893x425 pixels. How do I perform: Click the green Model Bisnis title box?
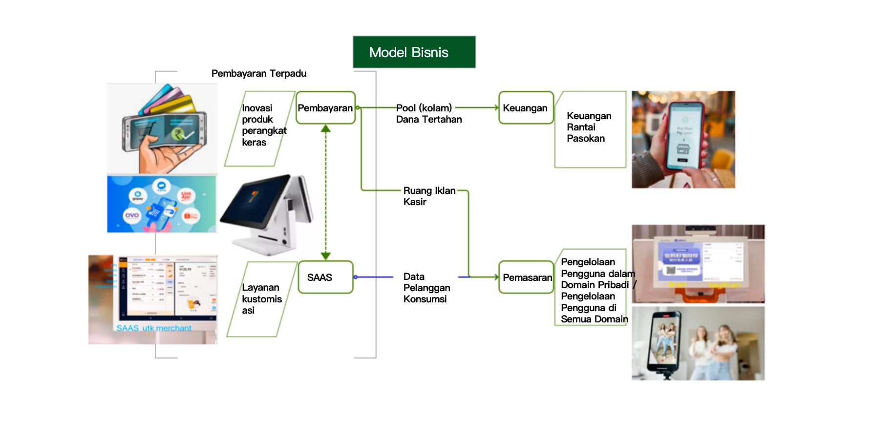click(x=414, y=52)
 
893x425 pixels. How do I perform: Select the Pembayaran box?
click(x=325, y=108)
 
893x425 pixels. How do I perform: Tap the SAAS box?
click(x=325, y=277)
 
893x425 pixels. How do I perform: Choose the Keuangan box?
click(x=526, y=108)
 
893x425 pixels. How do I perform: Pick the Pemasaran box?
click(x=526, y=277)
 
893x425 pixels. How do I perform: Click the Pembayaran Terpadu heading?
click(x=259, y=73)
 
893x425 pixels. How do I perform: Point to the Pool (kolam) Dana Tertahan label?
click(x=428, y=113)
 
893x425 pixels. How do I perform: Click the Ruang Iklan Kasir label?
click(x=428, y=196)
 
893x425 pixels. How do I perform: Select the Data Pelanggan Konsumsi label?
click(x=426, y=288)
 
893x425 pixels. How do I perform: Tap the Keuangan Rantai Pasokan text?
click(x=589, y=127)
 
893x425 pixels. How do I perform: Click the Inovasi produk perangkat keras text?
click(x=263, y=125)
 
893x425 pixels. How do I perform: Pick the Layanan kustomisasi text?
click(x=261, y=298)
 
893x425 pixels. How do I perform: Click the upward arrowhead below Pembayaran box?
click(x=326, y=129)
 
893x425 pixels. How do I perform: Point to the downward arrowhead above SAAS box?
click(x=326, y=255)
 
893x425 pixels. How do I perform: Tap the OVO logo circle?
click(x=132, y=215)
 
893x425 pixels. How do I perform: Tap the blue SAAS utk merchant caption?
click(x=154, y=328)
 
